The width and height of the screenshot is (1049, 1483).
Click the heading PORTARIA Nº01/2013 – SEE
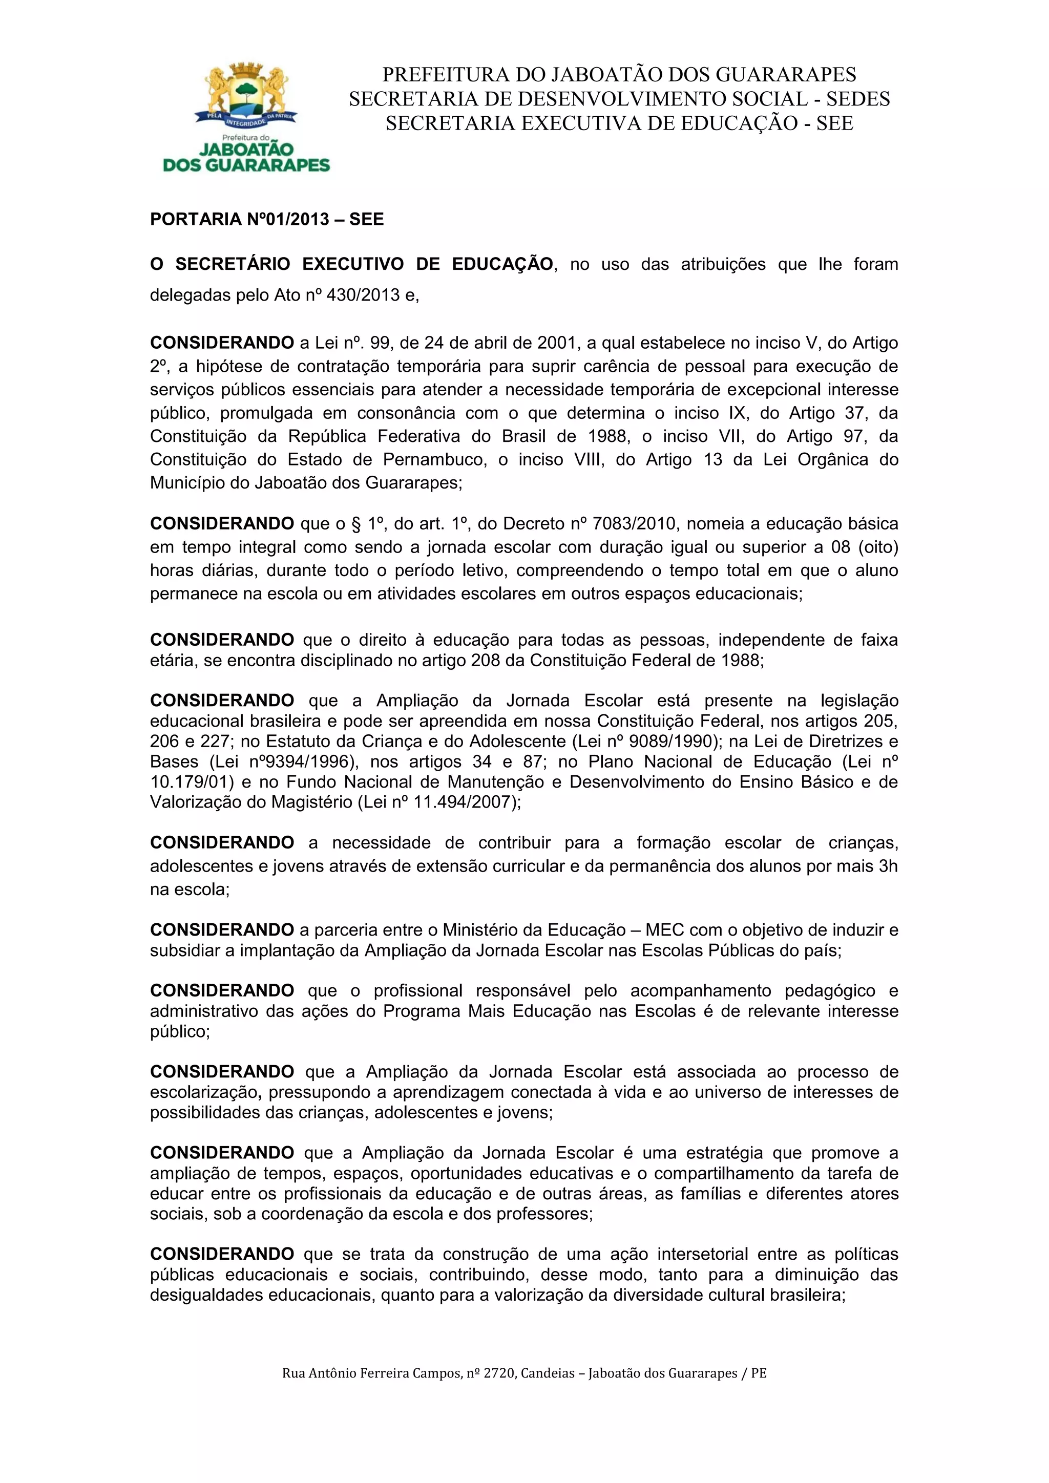[x=267, y=220]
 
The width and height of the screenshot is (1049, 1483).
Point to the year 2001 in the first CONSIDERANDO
[x=557, y=343]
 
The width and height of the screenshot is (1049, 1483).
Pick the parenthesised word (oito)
[x=878, y=547]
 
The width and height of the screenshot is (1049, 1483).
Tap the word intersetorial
[x=702, y=1254]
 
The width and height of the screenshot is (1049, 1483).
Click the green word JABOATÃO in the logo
[x=246, y=149]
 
